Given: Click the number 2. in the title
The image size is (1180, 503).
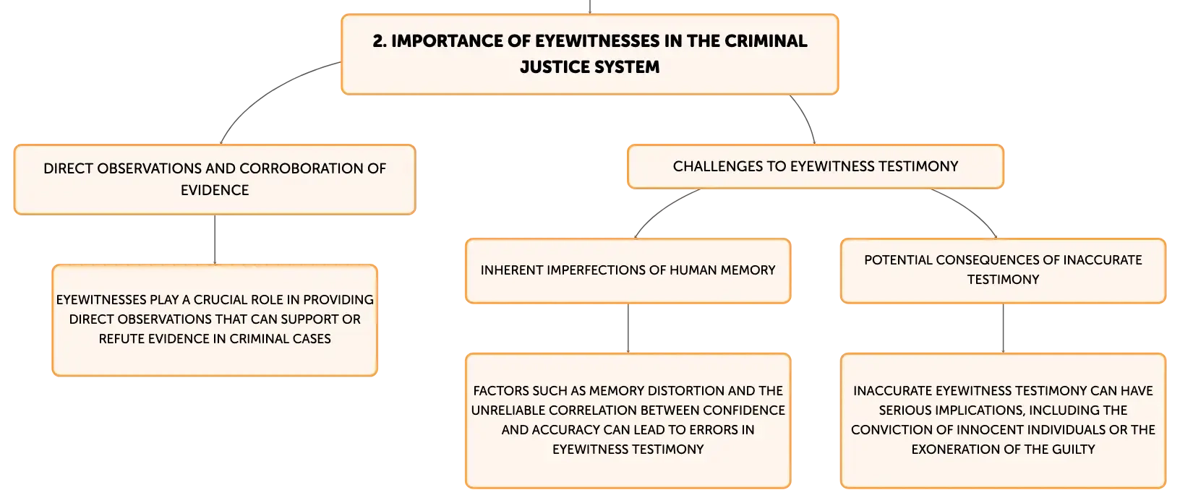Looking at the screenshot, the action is pyautogui.click(x=380, y=41).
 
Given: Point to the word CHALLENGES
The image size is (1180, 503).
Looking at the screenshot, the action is pyautogui.click(x=717, y=166).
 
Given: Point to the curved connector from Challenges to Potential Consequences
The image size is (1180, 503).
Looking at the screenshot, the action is pyautogui.click(x=970, y=207).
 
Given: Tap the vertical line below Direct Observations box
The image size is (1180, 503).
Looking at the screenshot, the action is pyautogui.click(x=215, y=240).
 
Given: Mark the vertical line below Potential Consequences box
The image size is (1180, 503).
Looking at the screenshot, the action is pyautogui.click(x=1003, y=328).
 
